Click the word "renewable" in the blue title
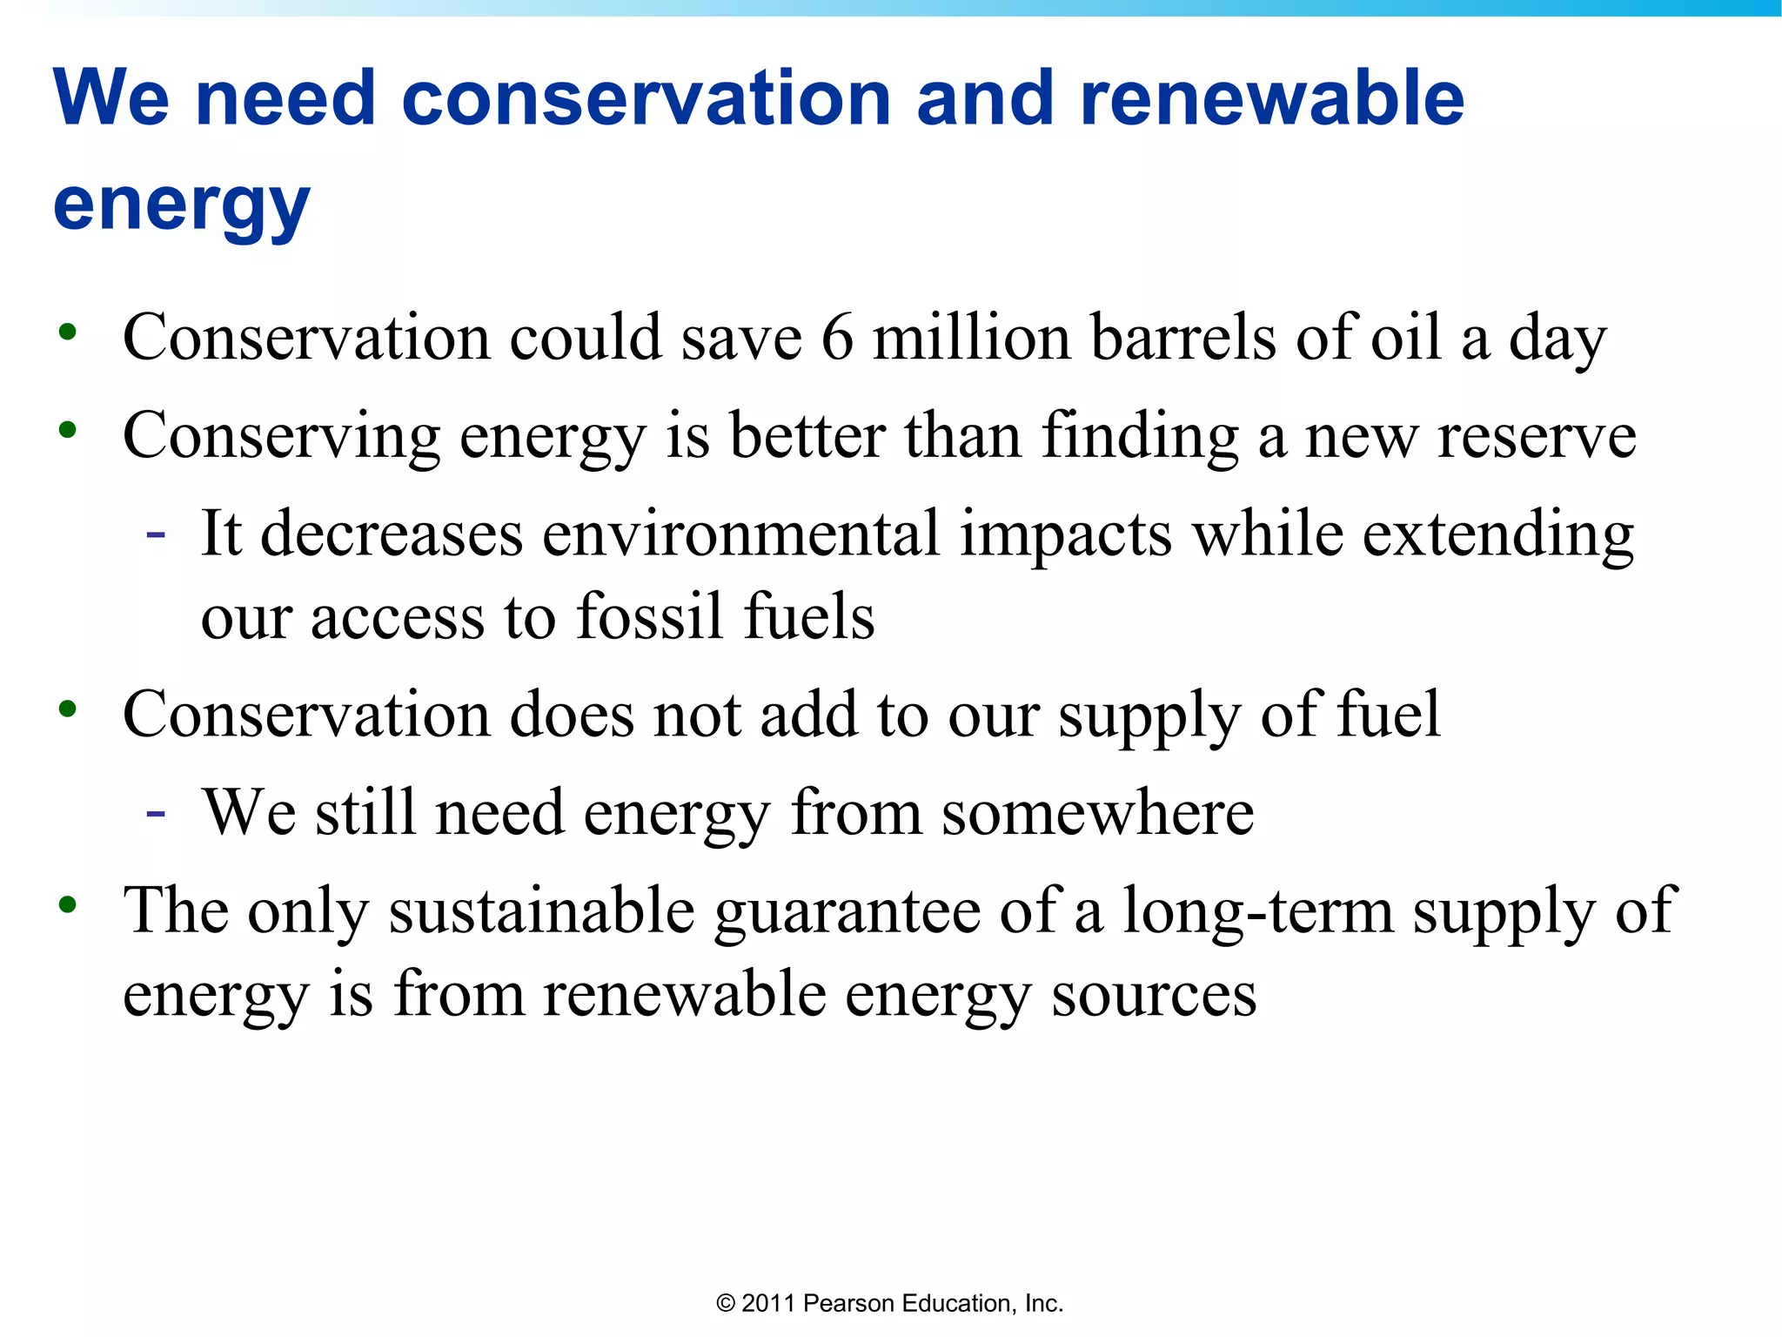pos(1272,97)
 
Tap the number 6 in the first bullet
pos(837,337)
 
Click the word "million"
pos(972,337)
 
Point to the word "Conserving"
pos(281,435)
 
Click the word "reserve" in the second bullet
pos(1537,435)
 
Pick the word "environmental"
pos(741,533)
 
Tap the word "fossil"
pos(650,616)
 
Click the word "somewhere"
pos(1098,812)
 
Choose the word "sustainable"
pos(541,910)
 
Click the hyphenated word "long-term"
pos(1258,910)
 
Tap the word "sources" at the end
pos(1154,994)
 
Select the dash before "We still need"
pos(156,813)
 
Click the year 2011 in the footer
pos(768,1303)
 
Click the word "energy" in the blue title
pos(181,204)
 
